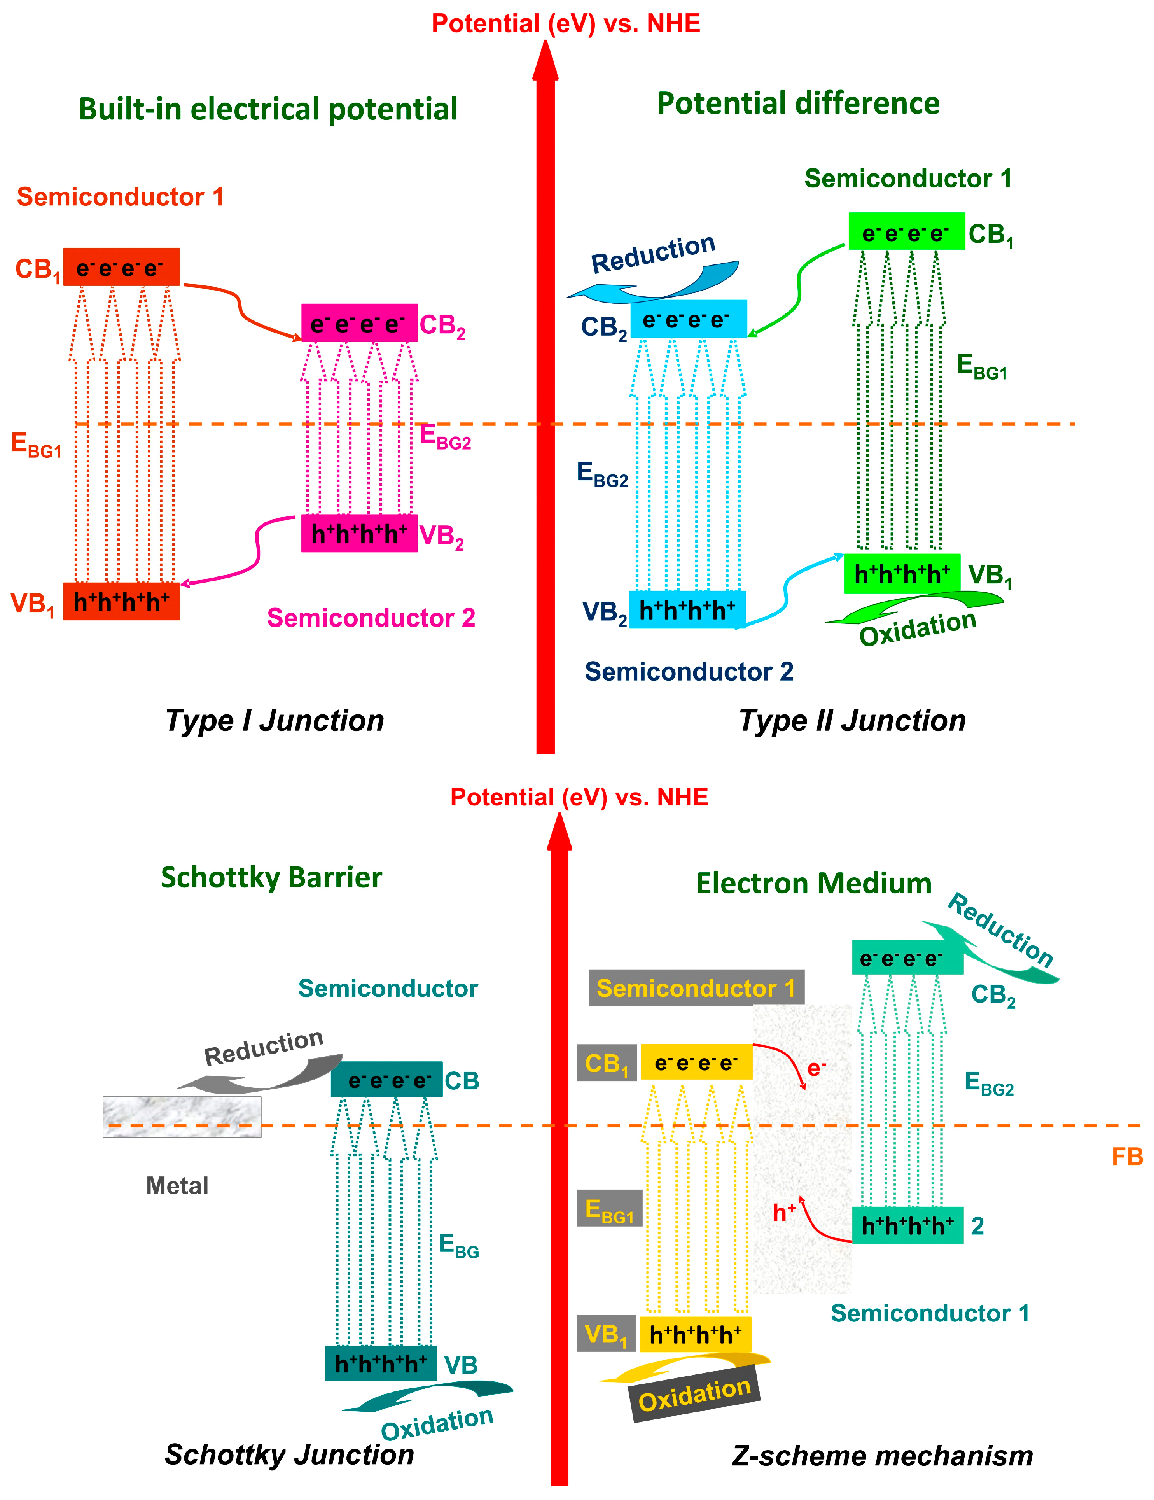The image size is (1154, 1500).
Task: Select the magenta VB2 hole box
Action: (x=359, y=533)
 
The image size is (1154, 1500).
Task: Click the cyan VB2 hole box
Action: (x=687, y=609)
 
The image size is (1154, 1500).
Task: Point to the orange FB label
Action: (x=1126, y=1157)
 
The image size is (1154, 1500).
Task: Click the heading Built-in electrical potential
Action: (x=268, y=109)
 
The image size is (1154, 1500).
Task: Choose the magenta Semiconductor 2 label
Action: (x=371, y=618)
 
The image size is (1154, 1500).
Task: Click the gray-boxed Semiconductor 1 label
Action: (x=696, y=988)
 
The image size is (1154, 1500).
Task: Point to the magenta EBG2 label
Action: (x=445, y=437)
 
